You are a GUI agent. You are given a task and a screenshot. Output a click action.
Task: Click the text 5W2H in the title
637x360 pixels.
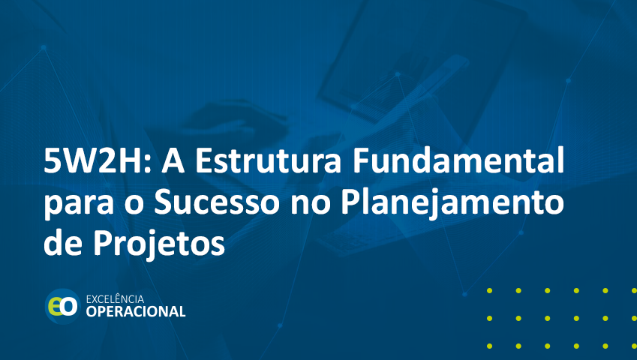[x=94, y=160]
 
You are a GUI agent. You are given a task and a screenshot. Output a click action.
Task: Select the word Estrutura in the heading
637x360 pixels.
[x=268, y=160]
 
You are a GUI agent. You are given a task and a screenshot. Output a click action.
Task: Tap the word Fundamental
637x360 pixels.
[x=458, y=160]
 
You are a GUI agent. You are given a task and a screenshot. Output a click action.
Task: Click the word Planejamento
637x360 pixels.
[x=452, y=204]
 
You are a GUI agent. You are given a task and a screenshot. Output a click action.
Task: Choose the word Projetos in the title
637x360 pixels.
[x=159, y=244]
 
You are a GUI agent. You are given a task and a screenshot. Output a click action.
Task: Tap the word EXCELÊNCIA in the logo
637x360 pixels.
[x=115, y=299]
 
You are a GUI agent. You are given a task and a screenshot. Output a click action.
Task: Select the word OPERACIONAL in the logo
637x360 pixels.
[x=136, y=312]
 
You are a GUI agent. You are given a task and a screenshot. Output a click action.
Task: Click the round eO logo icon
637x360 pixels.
[x=62, y=307]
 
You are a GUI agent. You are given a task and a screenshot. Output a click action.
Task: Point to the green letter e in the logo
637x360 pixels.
[x=55, y=307]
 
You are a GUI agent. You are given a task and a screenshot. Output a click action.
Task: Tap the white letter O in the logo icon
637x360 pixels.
[x=69, y=307]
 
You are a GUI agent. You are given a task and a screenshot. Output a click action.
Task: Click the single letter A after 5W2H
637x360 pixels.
[x=173, y=160]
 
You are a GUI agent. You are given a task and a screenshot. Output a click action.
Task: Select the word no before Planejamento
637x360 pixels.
[x=310, y=205]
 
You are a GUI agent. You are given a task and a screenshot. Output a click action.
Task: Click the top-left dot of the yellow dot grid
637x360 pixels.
[x=489, y=290]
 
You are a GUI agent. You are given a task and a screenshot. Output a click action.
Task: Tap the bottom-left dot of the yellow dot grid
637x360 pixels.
[x=489, y=346]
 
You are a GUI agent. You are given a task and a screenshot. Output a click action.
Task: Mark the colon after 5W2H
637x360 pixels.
[x=149, y=164]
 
